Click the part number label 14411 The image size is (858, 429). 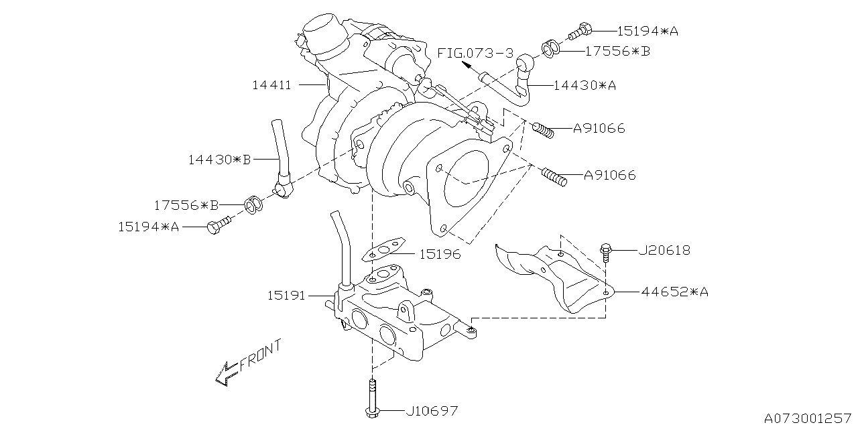point(271,85)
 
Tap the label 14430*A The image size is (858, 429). point(585,85)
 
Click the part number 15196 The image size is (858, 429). point(440,255)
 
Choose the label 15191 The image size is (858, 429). point(286,295)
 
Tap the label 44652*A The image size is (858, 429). point(674,292)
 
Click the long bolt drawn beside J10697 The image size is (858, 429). point(370,398)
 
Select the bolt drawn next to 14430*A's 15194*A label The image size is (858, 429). point(578,29)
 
